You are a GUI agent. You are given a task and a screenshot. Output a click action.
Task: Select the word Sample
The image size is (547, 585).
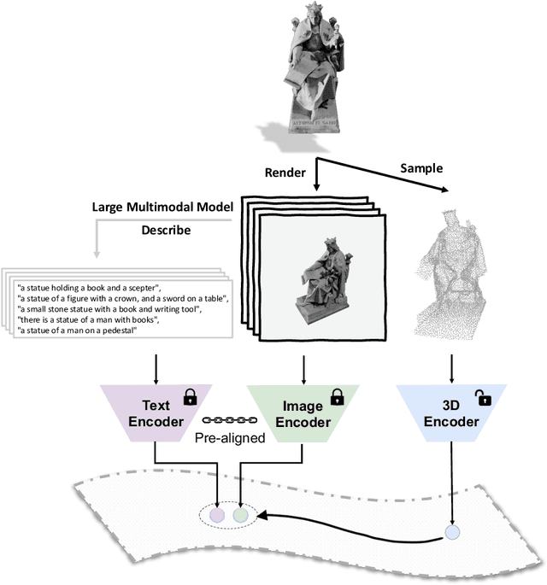[x=421, y=167]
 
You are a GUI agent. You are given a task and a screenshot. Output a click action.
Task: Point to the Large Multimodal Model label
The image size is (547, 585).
[x=162, y=208]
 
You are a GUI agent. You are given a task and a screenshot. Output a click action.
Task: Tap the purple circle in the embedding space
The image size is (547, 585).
[x=218, y=515]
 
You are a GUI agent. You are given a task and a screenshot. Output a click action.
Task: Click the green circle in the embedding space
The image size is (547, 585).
[x=241, y=515]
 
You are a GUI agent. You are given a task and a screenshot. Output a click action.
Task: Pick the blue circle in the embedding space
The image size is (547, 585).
[x=451, y=534]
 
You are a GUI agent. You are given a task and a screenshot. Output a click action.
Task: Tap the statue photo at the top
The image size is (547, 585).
[x=304, y=67]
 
